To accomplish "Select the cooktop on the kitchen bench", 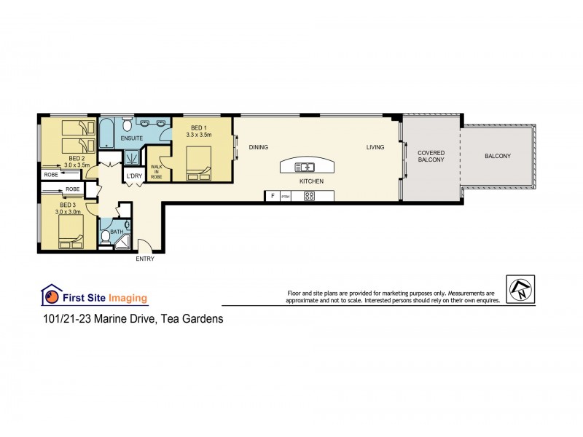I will point(309,195).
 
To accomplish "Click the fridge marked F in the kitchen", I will point(273,195).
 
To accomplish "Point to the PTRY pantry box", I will point(286,195).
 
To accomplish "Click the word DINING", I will point(259,147).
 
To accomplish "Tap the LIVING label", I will point(375,147).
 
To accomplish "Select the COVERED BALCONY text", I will point(431,157).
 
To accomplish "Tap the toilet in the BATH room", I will point(106,236).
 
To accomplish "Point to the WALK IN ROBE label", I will point(157,173).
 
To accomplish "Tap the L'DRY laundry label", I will point(134,176).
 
